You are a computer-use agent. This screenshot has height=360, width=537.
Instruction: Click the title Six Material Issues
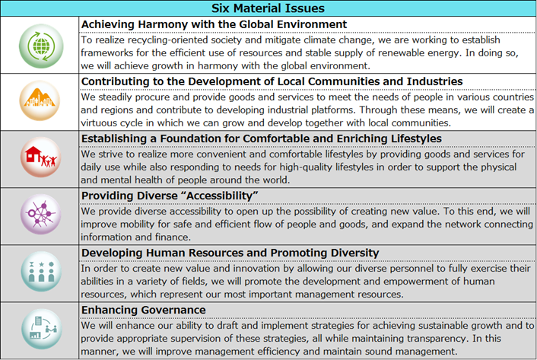tap(268, 8)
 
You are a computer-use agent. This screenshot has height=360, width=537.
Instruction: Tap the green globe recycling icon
tap(40, 45)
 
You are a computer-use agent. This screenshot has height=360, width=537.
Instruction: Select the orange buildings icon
tap(40, 101)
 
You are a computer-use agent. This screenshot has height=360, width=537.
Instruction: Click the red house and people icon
tap(40, 158)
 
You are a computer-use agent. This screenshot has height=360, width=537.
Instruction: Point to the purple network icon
tap(40, 215)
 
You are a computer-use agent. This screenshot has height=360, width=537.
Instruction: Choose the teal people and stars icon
tap(40, 272)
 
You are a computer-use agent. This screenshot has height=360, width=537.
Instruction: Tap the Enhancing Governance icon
tap(40, 330)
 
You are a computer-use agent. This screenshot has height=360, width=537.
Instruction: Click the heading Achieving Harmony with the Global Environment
tap(214, 24)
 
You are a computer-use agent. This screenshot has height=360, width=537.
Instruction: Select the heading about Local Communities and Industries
tap(272, 81)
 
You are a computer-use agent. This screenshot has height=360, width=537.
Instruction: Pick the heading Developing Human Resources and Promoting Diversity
tap(242, 252)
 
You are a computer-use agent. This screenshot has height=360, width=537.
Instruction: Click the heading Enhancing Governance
tap(143, 309)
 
